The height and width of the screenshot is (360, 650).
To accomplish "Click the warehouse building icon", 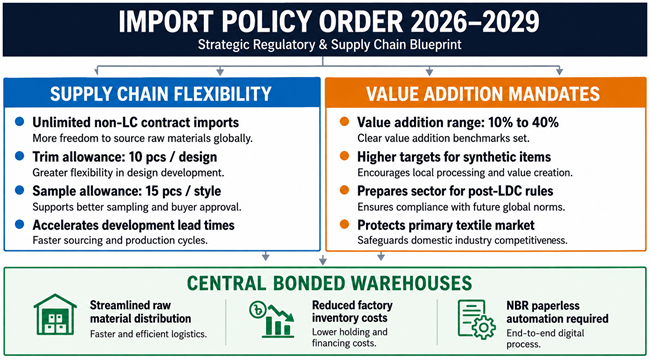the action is tap(55, 314).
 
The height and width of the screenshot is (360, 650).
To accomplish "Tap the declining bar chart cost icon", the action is tap(272, 319).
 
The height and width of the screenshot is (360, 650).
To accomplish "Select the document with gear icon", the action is tap(476, 320).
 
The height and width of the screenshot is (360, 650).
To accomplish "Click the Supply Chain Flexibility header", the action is tap(161, 93).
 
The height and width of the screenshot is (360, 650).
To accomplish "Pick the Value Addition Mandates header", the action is tap(483, 93).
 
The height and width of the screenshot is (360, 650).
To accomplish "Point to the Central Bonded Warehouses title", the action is tap(330, 283).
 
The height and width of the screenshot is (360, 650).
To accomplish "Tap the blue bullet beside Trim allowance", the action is tap(19, 156).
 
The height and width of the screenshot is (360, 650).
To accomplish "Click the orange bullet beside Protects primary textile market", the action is tap(344, 224).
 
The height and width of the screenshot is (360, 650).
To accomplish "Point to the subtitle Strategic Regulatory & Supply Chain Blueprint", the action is tap(330, 44).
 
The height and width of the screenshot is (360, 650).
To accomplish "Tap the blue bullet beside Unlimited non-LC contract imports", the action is tap(19, 122).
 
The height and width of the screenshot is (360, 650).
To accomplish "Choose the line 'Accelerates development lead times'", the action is tap(133, 225).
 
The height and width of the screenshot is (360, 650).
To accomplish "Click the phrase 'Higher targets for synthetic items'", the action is tap(454, 157).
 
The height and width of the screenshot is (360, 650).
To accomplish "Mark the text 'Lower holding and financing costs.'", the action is tap(350, 338).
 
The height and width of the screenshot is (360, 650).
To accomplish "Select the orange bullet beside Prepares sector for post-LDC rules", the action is tap(344, 190).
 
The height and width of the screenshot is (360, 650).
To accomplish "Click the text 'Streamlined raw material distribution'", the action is tap(141, 312).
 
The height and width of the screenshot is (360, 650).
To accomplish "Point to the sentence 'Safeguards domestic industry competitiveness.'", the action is tap(463, 240).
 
